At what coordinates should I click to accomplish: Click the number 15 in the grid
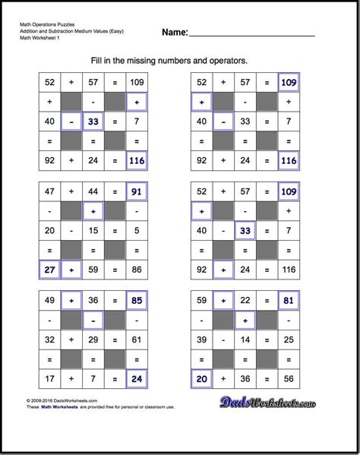click(x=93, y=230)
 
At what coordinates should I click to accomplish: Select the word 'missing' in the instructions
click(x=152, y=59)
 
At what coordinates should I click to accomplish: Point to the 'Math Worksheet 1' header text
click(x=41, y=39)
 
